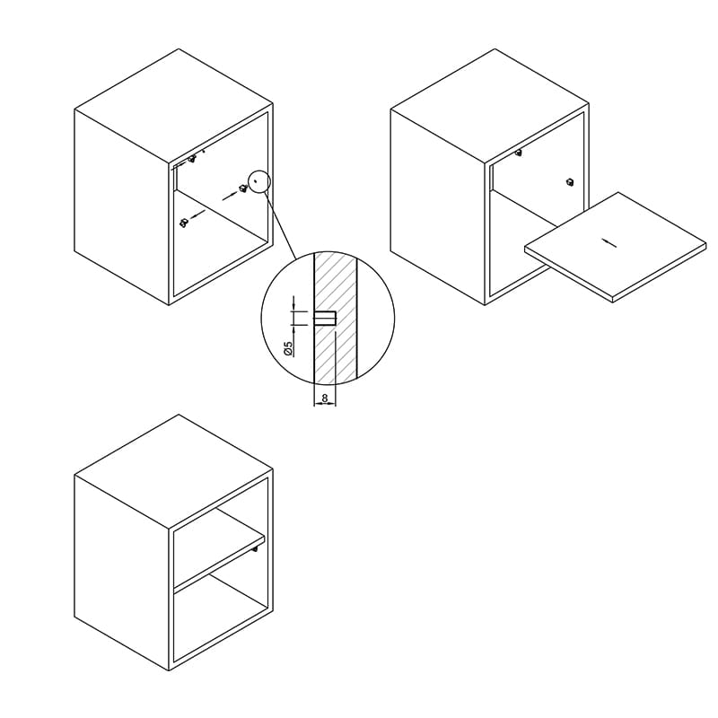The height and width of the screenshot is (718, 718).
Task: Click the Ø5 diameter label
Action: [x=288, y=349]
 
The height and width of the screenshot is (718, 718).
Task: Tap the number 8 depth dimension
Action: [x=325, y=398]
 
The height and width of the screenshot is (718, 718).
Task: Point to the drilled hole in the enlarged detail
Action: [x=325, y=319]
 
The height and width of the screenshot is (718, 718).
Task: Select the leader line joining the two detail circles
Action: [x=280, y=225]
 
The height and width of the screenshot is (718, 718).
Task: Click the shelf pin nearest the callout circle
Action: [x=242, y=188]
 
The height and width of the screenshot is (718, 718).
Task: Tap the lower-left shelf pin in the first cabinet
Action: [x=184, y=223]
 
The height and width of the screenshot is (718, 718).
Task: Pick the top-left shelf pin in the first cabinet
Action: [x=192, y=159]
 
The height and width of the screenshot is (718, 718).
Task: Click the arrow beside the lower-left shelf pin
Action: [x=197, y=215]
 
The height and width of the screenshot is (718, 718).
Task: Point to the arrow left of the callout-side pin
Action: [x=230, y=196]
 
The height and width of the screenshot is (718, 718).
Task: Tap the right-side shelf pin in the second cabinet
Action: [x=570, y=181]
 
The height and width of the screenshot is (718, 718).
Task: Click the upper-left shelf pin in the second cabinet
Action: [x=518, y=153]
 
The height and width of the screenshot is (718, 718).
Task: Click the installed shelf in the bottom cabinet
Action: [x=219, y=549]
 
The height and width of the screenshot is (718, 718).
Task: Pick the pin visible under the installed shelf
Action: [x=255, y=548]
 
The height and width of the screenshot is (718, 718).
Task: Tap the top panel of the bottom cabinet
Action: [x=174, y=472]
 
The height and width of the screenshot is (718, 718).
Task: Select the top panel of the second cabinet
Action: [x=490, y=106]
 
